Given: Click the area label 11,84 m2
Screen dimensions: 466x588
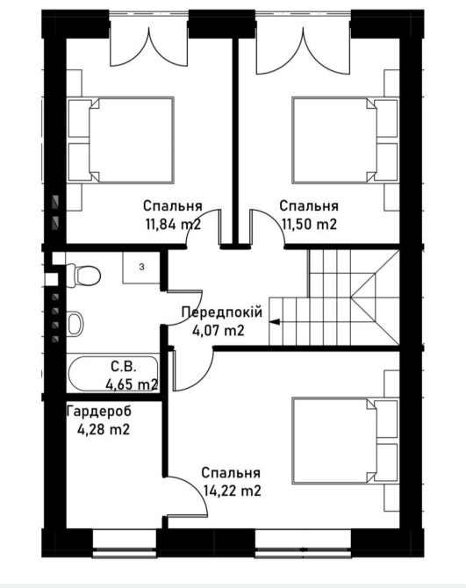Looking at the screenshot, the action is (173, 225).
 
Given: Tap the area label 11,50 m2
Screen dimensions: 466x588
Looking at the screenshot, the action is (309, 225).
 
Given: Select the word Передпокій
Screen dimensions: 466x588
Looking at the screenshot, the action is (222, 312).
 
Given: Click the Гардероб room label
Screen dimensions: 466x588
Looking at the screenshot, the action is (99, 411).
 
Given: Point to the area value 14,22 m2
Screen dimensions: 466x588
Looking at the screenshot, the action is (232, 491).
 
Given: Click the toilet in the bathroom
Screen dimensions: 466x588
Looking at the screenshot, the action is (83, 276).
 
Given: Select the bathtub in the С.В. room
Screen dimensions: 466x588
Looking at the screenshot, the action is (112, 374).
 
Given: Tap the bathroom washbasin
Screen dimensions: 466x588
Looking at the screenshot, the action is (75, 324).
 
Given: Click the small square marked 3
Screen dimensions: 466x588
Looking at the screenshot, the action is (141, 268).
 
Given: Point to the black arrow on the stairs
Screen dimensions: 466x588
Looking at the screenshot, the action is (275, 321).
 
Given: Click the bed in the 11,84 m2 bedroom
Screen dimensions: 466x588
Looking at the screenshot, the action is (121, 140).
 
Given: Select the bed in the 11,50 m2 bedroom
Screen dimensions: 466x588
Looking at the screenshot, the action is (345, 140).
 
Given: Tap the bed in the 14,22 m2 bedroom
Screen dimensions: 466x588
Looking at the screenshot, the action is (345, 441).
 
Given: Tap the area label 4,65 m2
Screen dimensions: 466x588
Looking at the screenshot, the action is (132, 384).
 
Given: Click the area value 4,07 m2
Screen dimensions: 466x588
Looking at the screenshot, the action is (219, 330).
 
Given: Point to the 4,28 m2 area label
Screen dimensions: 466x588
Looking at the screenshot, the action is (104, 429).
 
